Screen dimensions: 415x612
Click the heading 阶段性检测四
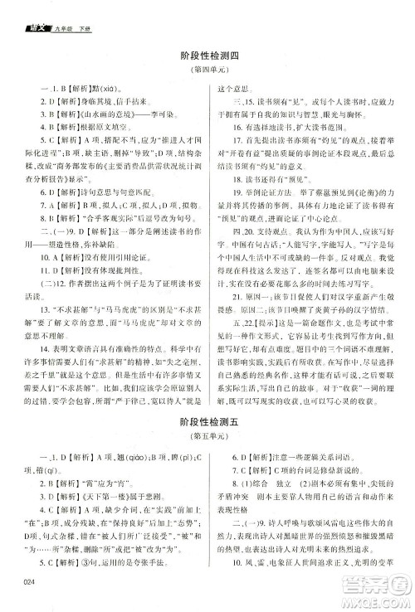(208, 56)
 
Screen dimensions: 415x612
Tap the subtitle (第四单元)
(208, 69)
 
